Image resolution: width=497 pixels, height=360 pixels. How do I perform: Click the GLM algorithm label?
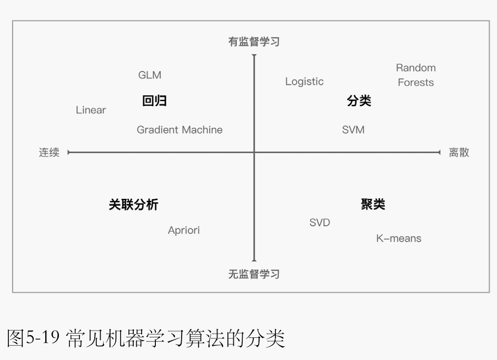pyautogui.click(x=150, y=75)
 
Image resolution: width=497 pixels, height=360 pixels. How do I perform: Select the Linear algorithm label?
pyautogui.click(x=91, y=110)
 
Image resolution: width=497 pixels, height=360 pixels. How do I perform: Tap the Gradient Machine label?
pyautogui.click(x=180, y=129)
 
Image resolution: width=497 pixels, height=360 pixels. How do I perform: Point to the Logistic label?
pyautogui.click(x=304, y=82)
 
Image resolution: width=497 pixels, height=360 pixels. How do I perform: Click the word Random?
pyautogui.click(x=415, y=68)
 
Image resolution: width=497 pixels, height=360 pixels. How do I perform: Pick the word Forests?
pyautogui.click(x=415, y=83)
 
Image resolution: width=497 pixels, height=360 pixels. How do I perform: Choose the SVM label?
pyautogui.click(x=353, y=129)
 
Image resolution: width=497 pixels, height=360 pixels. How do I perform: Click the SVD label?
pyautogui.click(x=320, y=223)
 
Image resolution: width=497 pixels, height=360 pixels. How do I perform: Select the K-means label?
pyautogui.click(x=399, y=238)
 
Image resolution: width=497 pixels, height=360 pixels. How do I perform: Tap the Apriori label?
pyautogui.click(x=184, y=231)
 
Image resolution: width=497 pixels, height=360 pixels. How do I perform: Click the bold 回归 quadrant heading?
pyautogui.click(x=154, y=101)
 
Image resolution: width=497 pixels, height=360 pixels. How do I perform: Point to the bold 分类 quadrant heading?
pyautogui.click(x=359, y=101)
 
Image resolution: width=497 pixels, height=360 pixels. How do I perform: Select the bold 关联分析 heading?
pyautogui.click(x=133, y=205)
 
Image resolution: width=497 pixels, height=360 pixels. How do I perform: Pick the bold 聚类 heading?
pyautogui.click(x=373, y=205)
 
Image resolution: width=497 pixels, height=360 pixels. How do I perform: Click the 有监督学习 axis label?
pyautogui.click(x=254, y=42)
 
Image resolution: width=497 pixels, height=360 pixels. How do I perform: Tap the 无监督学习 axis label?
pyautogui.click(x=254, y=274)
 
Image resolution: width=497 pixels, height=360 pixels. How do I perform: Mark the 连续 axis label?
pyautogui.click(x=49, y=153)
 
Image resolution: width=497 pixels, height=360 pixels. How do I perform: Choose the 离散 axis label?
pyautogui.click(x=459, y=153)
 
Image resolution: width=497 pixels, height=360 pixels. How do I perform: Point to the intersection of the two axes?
pyautogui.click(x=254, y=153)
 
